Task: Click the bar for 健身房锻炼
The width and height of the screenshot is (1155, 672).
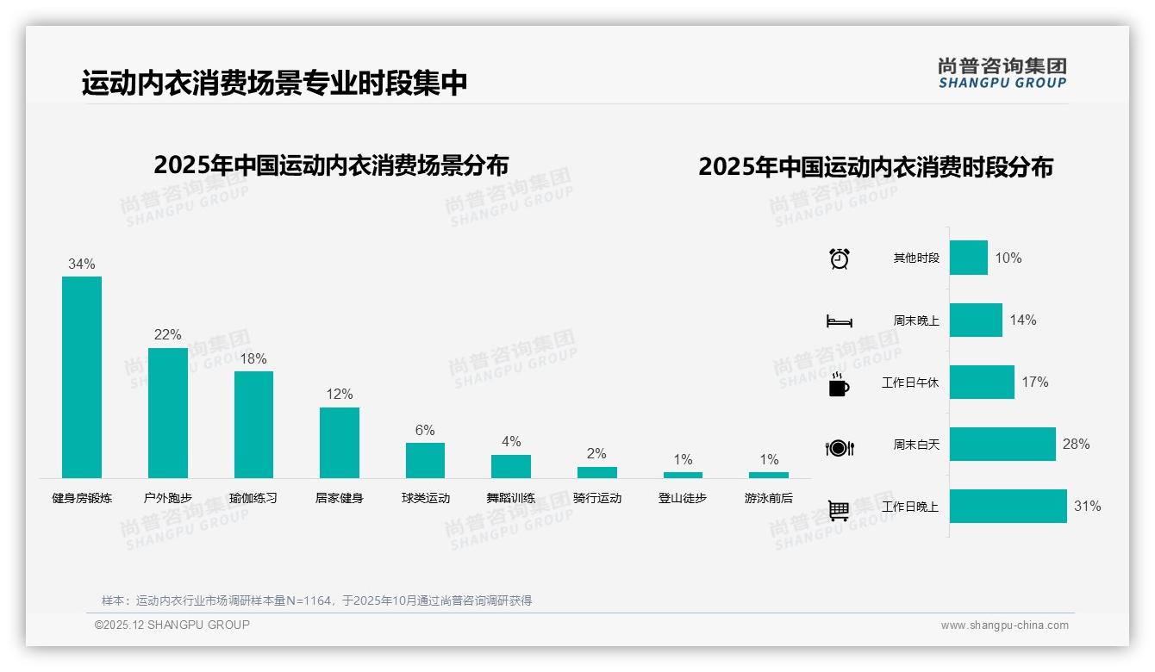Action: click(82, 376)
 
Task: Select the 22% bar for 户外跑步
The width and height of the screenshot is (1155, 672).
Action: click(167, 413)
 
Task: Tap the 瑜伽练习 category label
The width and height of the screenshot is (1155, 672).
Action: click(253, 498)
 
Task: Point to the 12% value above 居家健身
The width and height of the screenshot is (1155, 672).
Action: click(339, 395)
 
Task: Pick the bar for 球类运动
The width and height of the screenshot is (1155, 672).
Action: click(425, 460)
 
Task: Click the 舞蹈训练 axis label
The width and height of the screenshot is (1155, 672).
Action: click(511, 498)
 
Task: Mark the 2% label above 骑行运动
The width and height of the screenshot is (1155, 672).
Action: click(596, 454)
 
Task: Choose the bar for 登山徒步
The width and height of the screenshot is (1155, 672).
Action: click(683, 475)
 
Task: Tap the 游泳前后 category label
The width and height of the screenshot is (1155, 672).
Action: click(769, 498)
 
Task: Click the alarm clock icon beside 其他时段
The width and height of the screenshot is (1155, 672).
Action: click(840, 258)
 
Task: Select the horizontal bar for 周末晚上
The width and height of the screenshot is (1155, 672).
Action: click(976, 320)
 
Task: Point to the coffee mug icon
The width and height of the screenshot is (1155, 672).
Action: click(839, 384)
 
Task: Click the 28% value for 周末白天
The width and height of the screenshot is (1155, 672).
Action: click(1076, 445)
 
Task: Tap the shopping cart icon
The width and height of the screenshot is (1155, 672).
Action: click(839, 510)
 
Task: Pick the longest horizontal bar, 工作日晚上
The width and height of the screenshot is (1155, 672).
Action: click(1008, 507)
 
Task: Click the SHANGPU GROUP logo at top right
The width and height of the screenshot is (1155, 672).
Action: click(1002, 73)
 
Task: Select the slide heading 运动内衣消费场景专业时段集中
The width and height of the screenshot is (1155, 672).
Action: click(274, 83)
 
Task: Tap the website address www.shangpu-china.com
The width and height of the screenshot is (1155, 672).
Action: click(1004, 625)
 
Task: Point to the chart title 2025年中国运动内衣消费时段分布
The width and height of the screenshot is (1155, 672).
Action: click(876, 167)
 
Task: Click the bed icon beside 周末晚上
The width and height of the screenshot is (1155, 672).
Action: click(839, 321)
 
